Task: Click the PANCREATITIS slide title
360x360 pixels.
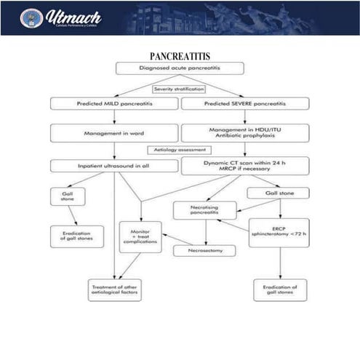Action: click(180, 56)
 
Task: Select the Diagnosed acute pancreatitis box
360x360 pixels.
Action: click(179, 68)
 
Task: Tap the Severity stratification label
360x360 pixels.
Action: click(179, 89)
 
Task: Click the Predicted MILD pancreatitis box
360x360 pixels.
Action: click(113, 104)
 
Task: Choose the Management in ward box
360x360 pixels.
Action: click(113, 133)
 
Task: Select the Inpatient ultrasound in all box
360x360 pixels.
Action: click(113, 166)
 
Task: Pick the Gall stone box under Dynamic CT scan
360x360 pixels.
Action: click(278, 193)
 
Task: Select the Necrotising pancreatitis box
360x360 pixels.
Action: click(205, 210)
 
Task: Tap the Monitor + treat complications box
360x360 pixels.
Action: click(140, 236)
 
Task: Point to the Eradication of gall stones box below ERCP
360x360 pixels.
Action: click(279, 289)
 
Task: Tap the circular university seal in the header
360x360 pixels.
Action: click(31, 17)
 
